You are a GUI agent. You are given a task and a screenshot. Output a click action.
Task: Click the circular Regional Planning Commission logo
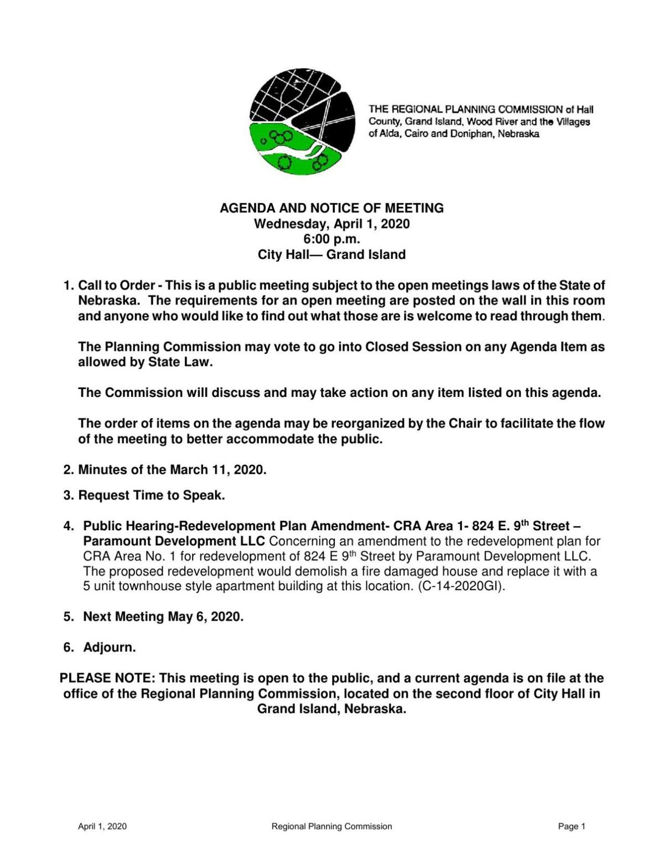click(x=302, y=123)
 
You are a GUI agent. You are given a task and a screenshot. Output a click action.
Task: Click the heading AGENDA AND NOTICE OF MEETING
click(x=331, y=208)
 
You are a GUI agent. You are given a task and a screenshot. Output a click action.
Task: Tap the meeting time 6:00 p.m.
click(x=331, y=239)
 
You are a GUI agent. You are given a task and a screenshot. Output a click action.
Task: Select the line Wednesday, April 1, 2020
click(x=331, y=224)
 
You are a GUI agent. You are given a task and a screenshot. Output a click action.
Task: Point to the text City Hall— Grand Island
click(x=331, y=255)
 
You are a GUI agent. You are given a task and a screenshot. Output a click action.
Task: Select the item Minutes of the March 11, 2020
click(x=172, y=470)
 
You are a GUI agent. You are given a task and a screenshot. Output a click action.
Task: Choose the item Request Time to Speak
click(x=151, y=495)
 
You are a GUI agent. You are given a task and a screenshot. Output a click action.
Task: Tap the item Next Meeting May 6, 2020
click(x=163, y=616)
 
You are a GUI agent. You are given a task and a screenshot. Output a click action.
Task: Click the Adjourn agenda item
click(x=109, y=647)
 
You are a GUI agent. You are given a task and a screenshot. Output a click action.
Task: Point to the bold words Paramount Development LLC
click(x=174, y=541)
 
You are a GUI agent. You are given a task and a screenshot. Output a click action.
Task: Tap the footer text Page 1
click(x=572, y=826)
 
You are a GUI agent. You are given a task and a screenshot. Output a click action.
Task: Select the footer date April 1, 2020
click(x=102, y=826)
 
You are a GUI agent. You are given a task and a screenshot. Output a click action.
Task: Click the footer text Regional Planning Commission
click(x=331, y=826)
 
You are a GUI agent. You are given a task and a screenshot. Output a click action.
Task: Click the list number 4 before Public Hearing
click(x=68, y=526)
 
